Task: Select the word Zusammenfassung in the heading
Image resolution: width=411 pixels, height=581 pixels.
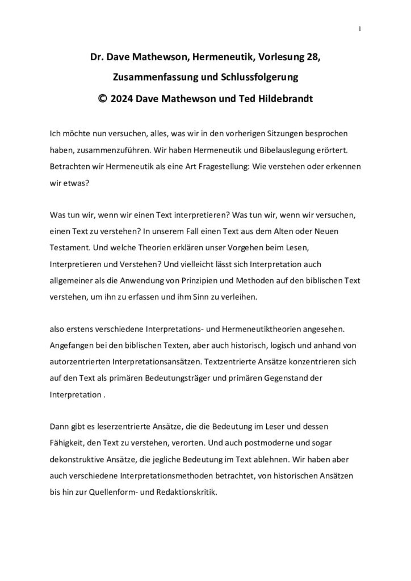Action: [146, 77]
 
